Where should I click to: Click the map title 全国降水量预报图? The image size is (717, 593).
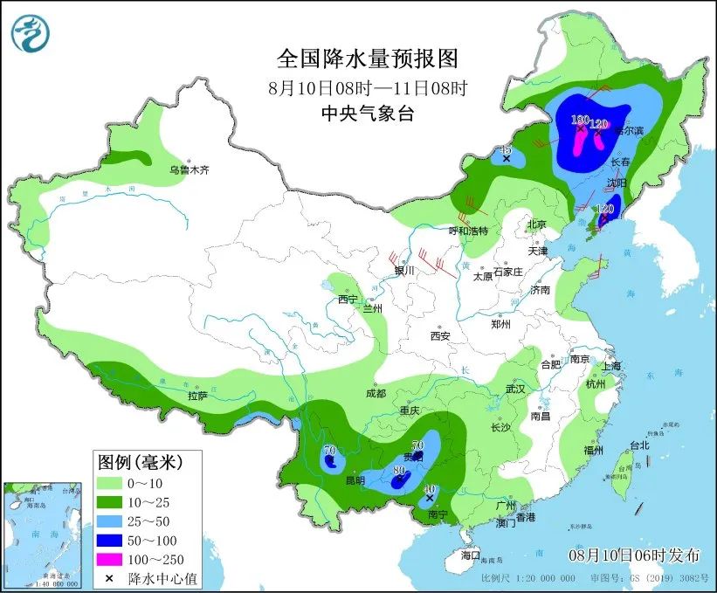click(x=367, y=58)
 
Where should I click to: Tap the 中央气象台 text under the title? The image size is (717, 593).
click(x=367, y=113)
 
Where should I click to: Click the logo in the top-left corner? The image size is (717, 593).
click(x=31, y=32)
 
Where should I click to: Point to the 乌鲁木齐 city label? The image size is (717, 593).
click(x=190, y=170)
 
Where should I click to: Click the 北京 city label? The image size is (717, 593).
click(x=535, y=224)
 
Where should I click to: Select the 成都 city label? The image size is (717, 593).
click(x=377, y=393)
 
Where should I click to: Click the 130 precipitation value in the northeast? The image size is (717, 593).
click(x=580, y=120)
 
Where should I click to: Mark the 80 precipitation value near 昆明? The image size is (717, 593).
click(x=399, y=471)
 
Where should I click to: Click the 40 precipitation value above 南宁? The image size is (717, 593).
click(x=429, y=489)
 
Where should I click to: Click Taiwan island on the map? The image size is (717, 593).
click(x=627, y=468)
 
